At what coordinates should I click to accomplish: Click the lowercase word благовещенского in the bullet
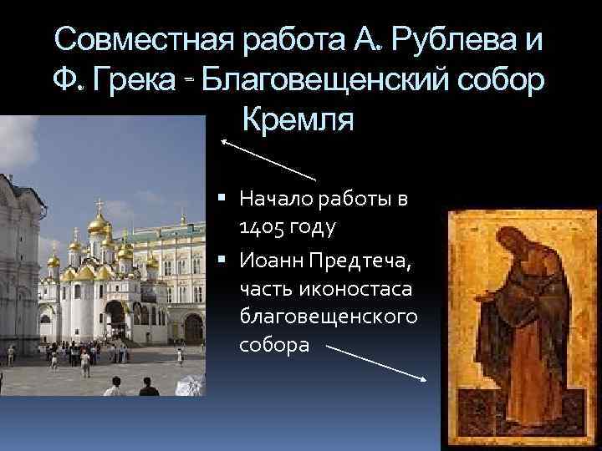click(x=328, y=317)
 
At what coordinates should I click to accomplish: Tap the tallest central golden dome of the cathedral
click(x=98, y=223)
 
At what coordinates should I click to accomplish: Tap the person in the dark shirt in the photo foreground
click(x=148, y=388)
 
